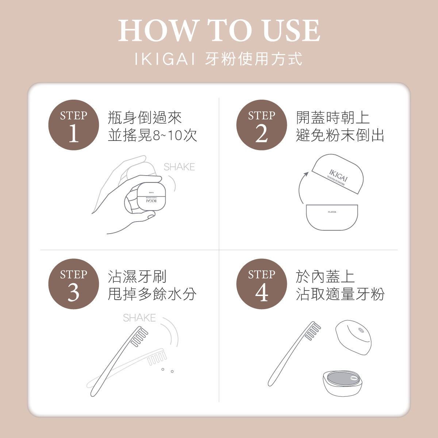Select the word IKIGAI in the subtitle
165,59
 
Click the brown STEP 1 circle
74,125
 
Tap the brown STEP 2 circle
262,125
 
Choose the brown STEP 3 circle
74,284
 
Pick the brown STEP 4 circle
262,284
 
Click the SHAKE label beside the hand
179,167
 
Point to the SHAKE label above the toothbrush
139,318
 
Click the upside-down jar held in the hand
151,196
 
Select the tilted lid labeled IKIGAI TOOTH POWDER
338,173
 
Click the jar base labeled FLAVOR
332,217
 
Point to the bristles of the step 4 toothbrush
313,331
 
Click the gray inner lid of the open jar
343,379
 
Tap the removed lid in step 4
353,337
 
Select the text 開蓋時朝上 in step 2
333,118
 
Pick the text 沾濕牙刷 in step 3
137,276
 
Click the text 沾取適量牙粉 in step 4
340,294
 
